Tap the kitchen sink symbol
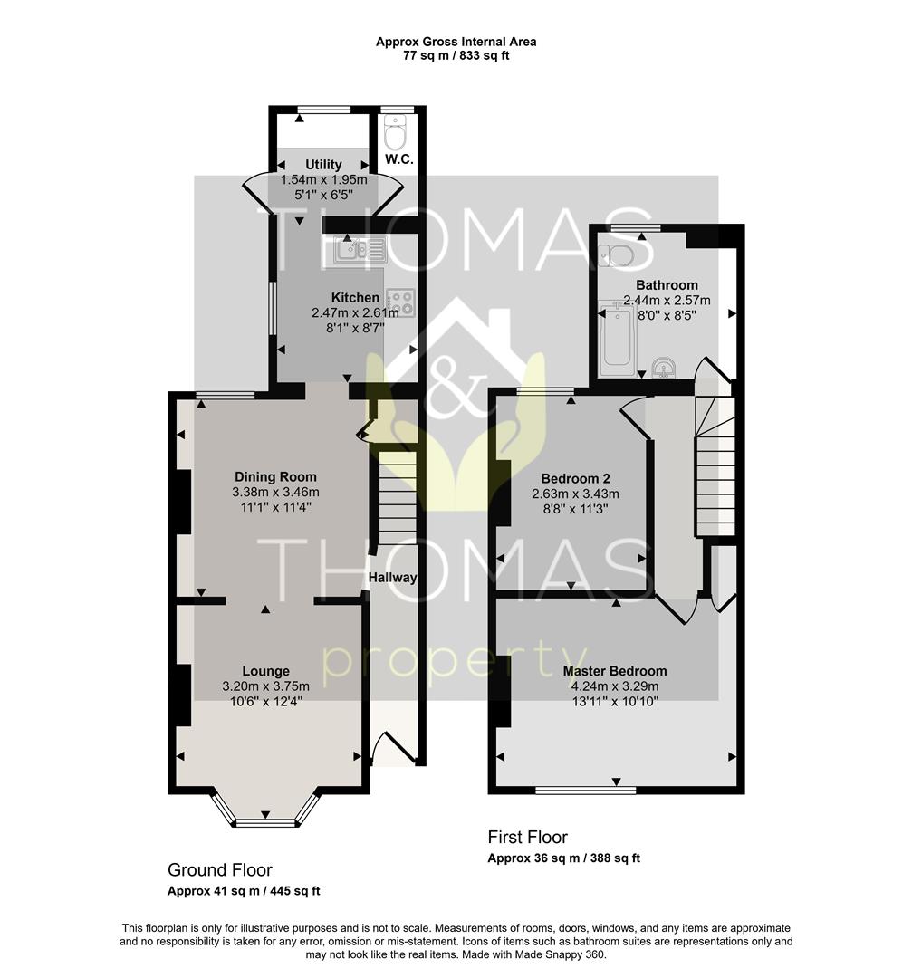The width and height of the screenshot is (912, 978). coord(360,249)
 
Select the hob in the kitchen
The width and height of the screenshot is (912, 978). coord(400,302)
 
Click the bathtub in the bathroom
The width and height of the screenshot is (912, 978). coord(618,339)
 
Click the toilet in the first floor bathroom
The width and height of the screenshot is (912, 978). coord(616,255)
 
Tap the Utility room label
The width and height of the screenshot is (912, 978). coord(323,165)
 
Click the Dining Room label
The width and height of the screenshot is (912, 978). coord(275,477)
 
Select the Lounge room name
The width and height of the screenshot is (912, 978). coord(265,671)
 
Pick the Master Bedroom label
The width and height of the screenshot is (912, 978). coord(615,671)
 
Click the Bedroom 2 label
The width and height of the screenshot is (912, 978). coord(576,478)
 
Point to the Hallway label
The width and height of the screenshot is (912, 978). coord(392,578)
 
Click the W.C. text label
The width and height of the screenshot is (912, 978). coord(399,159)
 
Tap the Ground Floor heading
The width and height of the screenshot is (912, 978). coord(219,869)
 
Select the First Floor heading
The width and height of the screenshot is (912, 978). coord(528,837)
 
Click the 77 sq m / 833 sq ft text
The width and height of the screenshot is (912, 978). coord(456,55)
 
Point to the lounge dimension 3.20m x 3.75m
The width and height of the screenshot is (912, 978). coord(265,686)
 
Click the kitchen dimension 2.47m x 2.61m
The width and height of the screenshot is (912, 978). coord(355,312)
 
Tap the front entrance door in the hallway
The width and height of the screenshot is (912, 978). coord(394,748)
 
